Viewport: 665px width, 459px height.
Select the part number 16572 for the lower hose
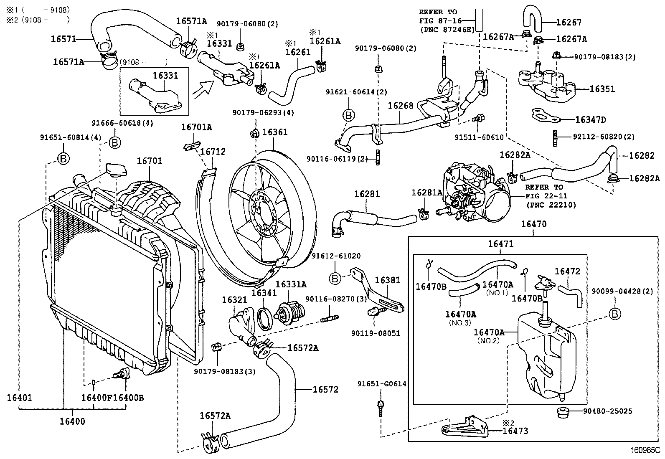(325, 390)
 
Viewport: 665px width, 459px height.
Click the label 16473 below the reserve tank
(515, 431)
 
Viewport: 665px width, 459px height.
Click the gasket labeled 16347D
(545, 117)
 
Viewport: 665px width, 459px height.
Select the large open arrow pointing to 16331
(204, 88)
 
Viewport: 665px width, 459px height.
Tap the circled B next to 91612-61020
(335, 279)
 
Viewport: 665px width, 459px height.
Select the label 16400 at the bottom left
(72, 422)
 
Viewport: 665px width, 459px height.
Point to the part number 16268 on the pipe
(401, 106)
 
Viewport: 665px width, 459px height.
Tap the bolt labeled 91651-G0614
(381, 407)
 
